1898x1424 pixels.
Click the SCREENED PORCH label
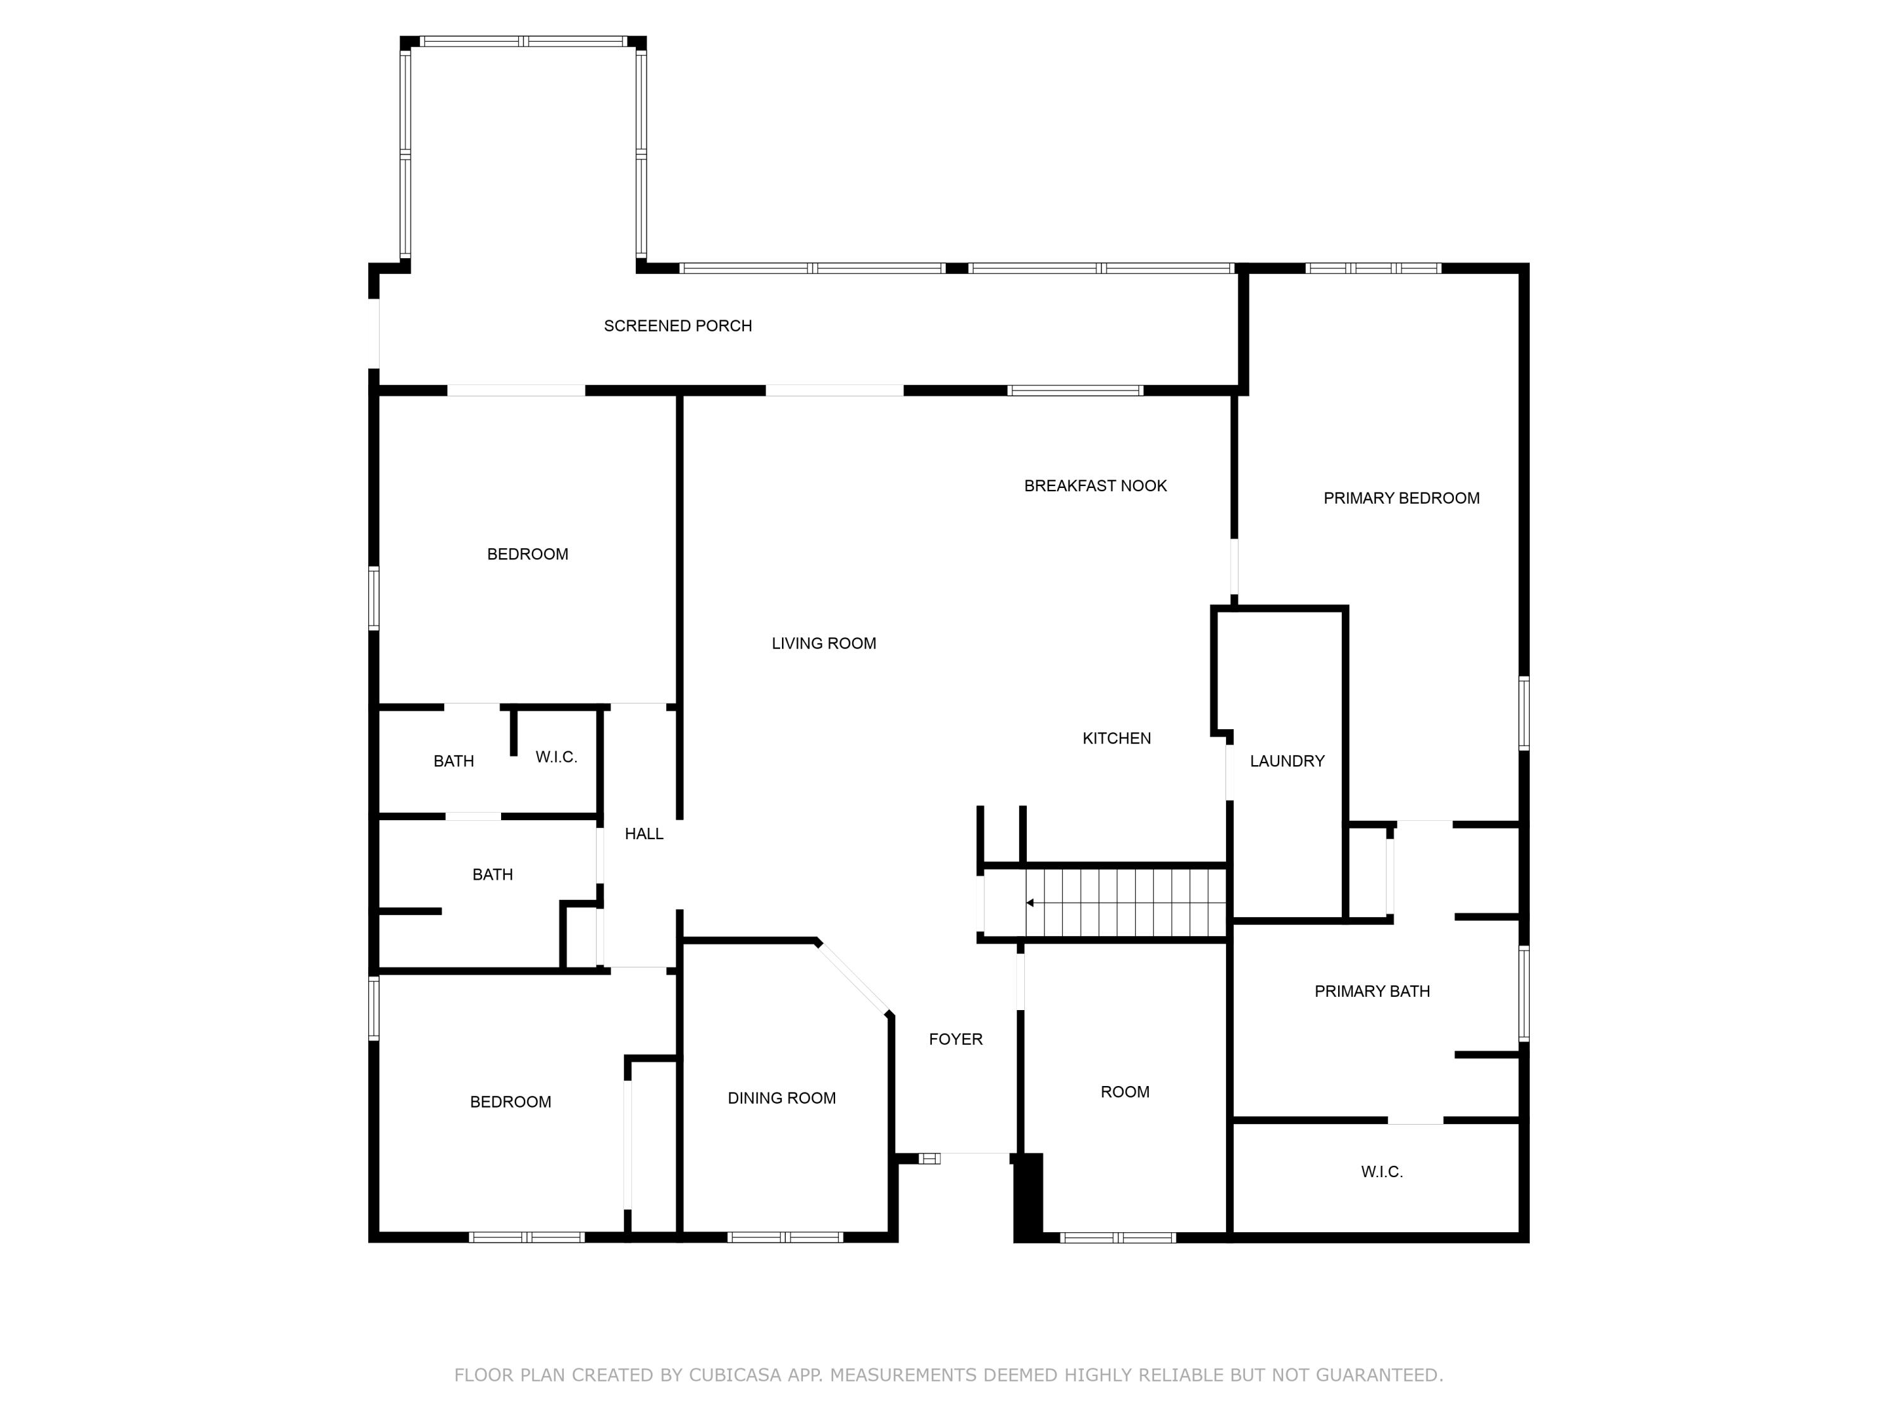(677, 326)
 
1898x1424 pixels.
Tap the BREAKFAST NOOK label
(1095, 486)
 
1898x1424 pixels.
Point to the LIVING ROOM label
(823, 644)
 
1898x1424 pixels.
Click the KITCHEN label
(1115, 738)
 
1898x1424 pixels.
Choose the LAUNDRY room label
(1286, 761)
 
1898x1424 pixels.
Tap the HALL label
(643, 834)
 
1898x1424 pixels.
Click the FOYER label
(955, 1039)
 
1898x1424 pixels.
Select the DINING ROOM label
(781, 1098)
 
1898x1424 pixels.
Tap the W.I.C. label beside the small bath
(556, 757)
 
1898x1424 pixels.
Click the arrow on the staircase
(1029, 903)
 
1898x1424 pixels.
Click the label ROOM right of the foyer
(1124, 1092)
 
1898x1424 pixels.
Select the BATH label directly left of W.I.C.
(453, 761)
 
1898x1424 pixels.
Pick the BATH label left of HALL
(492, 875)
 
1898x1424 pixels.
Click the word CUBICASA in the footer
(734, 1375)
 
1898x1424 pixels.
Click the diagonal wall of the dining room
(853, 978)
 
